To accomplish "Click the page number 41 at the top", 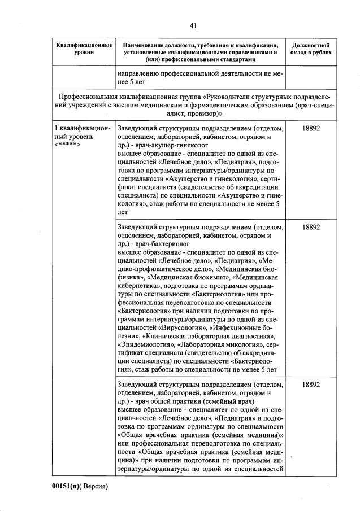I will [193, 25].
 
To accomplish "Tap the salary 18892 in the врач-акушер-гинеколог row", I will [311, 129].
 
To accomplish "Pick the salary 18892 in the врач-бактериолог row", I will [311, 226].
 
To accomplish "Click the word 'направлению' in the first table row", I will [142, 73].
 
